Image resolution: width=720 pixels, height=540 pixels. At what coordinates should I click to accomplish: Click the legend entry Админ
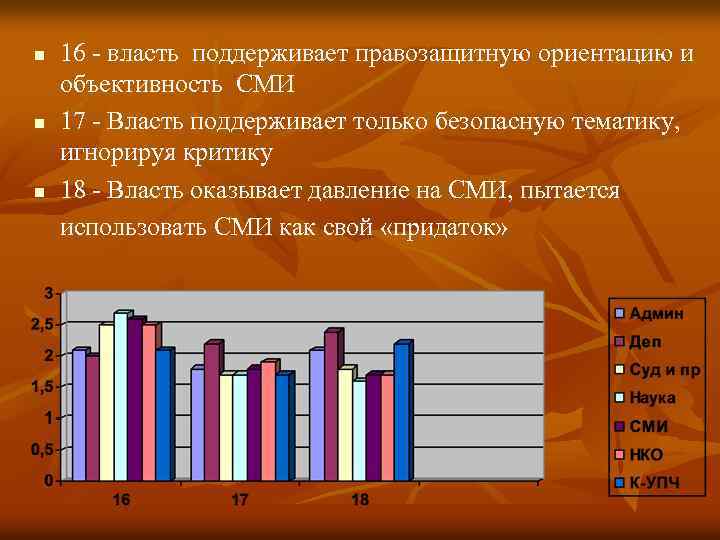[656, 313]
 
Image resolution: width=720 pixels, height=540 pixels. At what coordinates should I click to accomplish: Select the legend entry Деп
[645, 342]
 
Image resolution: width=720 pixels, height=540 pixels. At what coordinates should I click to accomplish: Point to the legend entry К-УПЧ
[655, 484]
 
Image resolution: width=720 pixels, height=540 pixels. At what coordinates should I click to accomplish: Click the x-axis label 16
[121, 499]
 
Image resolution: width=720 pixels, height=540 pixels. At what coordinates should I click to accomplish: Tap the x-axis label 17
[240, 499]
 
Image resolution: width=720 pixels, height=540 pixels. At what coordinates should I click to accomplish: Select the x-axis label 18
[360, 499]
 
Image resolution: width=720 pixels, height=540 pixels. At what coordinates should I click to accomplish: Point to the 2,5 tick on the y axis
[42, 325]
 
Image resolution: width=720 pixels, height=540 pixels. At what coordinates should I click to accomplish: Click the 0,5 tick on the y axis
[42, 450]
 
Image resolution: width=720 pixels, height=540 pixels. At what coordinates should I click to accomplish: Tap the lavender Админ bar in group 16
[79, 415]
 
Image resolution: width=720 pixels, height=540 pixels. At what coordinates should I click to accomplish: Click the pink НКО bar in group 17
[267, 421]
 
